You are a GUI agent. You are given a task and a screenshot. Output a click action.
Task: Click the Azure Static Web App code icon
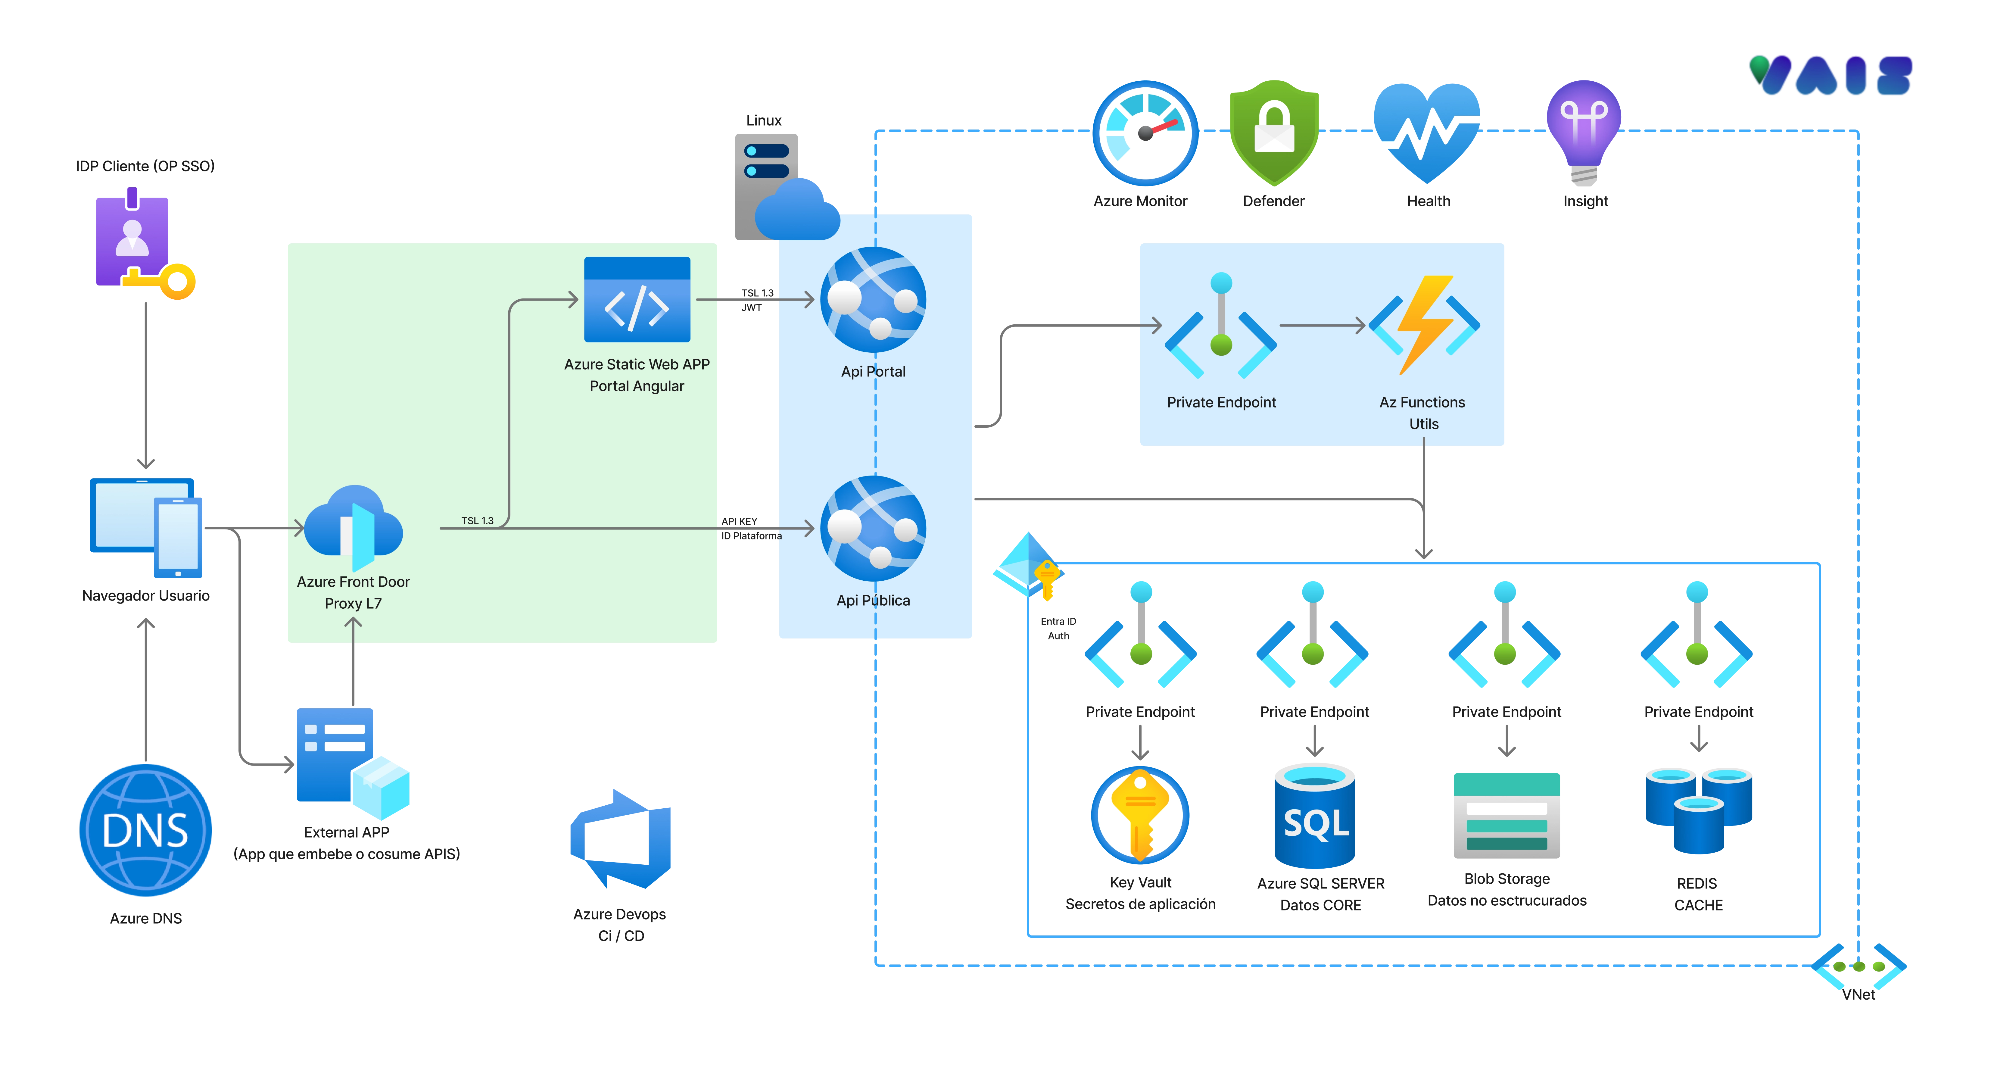pyautogui.click(x=637, y=300)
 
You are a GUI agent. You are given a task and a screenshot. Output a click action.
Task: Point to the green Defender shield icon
pyautogui.click(x=1274, y=133)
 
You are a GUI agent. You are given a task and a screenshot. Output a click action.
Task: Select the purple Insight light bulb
pyautogui.click(x=1584, y=131)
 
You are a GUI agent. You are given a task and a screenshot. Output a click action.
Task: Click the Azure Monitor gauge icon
pyautogui.click(x=1145, y=133)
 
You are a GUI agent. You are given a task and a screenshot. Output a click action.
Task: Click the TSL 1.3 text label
pyautogui.click(x=477, y=520)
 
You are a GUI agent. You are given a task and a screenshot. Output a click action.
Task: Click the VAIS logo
pyautogui.click(x=1830, y=75)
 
